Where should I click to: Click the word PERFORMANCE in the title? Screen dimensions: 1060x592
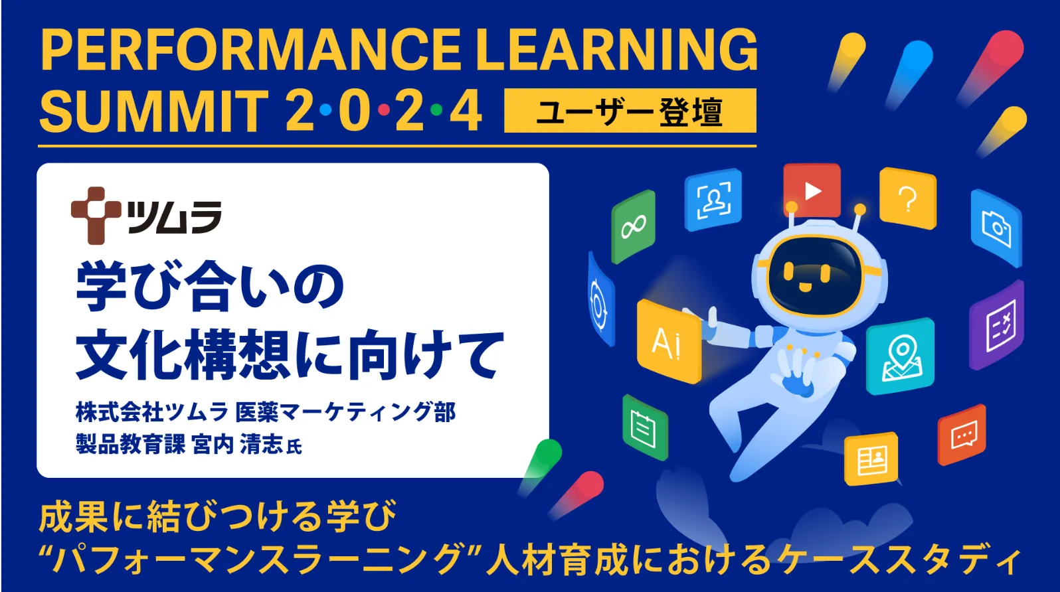pyautogui.click(x=251, y=50)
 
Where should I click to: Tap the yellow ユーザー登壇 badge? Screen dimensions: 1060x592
pyautogui.click(x=630, y=111)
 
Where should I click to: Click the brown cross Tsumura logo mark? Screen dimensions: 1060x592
pyautogui.click(x=96, y=216)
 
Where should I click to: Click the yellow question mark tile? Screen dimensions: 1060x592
pyautogui.click(x=908, y=198)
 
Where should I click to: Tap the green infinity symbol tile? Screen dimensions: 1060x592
pyautogui.click(x=633, y=227)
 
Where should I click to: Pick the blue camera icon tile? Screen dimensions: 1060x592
pyautogui.click(x=996, y=228)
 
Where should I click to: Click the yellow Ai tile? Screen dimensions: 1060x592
pyautogui.click(x=668, y=341)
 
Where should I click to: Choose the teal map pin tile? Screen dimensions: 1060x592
pyautogui.click(x=900, y=356)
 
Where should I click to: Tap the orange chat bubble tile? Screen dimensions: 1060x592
pyautogui.click(x=962, y=435)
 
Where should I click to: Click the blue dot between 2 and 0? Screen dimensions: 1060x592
pyautogui.click(x=325, y=110)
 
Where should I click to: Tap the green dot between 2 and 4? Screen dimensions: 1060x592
pyautogui.click(x=436, y=110)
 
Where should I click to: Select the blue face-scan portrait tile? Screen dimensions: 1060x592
pyautogui.click(x=713, y=200)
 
